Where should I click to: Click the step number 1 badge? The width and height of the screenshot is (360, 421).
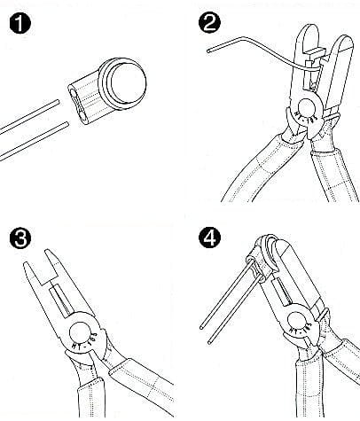[x=20, y=23]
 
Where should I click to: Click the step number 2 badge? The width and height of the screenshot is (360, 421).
[x=209, y=23]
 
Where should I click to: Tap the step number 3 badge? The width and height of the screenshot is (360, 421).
[x=20, y=238]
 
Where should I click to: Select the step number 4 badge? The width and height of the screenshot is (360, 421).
[x=209, y=238]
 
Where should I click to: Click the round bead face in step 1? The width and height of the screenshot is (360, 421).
[x=129, y=82]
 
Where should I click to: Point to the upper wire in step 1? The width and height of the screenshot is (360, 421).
[x=29, y=117]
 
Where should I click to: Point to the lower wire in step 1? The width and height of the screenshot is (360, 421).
[x=34, y=141]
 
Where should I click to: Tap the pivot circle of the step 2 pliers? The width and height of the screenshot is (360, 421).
[x=307, y=108]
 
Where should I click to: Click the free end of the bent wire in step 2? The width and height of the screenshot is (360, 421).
[x=208, y=51]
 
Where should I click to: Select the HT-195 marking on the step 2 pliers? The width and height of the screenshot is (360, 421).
[x=307, y=117]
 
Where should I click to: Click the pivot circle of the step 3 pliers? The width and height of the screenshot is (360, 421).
[x=80, y=332]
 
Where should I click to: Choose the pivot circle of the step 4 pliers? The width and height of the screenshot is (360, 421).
[x=297, y=321]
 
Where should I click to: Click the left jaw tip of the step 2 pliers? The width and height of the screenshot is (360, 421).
[x=309, y=28]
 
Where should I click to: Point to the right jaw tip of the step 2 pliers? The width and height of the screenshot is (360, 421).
[x=345, y=38]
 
